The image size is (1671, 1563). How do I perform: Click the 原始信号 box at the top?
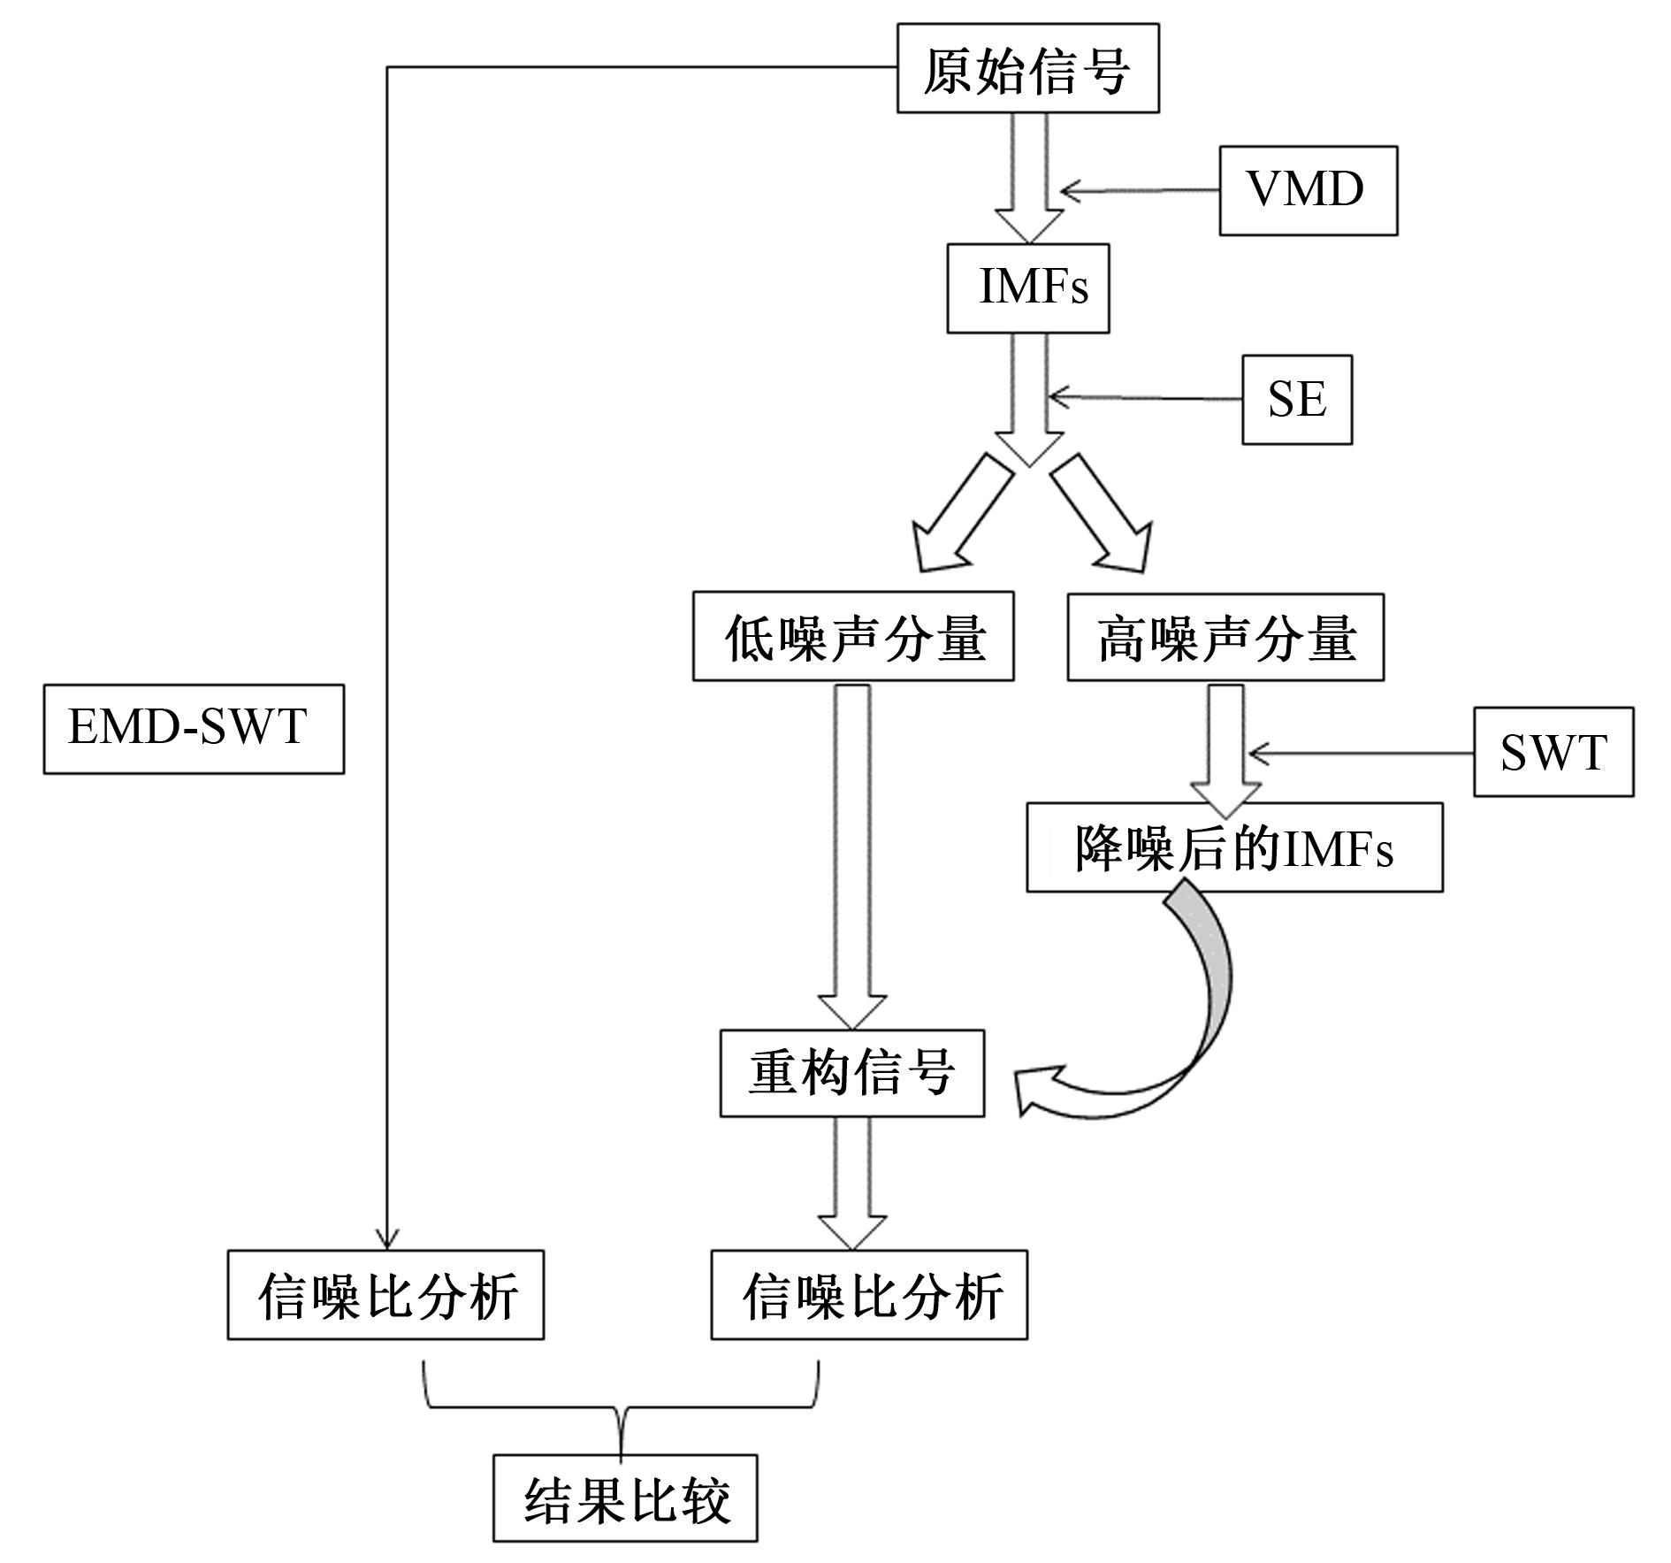pos(1027,69)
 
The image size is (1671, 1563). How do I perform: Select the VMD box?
pos(1308,190)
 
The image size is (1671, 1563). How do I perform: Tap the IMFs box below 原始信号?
pos(1027,288)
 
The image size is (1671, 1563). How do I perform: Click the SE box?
pos(1296,399)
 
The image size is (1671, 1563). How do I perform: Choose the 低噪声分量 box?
pos(852,637)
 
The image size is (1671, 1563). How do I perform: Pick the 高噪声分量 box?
pos(1225,637)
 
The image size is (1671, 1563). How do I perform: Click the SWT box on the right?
pos(1553,753)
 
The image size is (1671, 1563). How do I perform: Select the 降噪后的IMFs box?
pos(1234,847)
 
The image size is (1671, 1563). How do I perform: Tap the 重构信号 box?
pos(851,1073)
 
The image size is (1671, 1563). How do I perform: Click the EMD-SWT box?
pos(194,729)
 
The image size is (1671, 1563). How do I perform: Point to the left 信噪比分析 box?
pos(385,1295)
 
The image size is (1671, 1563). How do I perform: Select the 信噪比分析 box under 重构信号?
pos(868,1295)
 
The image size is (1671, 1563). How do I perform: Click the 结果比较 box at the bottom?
pos(625,1498)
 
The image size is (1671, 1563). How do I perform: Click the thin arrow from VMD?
pos(1141,190)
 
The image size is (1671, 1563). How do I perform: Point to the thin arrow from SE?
pos(1145,398)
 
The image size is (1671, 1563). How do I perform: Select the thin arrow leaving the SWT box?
pos(1362,754)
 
